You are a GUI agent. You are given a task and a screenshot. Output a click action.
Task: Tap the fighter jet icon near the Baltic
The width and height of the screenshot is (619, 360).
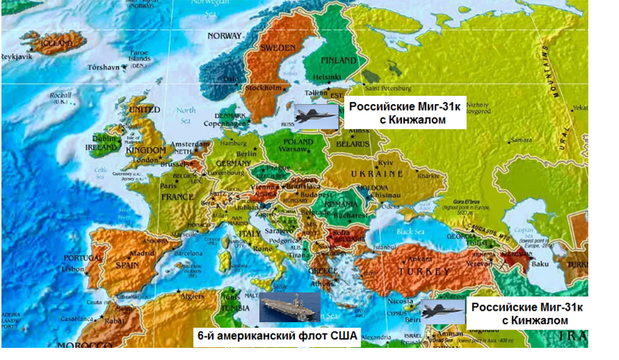coord(318,114)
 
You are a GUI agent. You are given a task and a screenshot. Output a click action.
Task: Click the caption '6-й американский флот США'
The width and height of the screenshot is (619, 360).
coord(277,334)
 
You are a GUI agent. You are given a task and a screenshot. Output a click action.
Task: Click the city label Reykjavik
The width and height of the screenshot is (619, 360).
coord(17,56)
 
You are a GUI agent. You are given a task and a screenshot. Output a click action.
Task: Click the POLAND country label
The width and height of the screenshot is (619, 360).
coord(299,141)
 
